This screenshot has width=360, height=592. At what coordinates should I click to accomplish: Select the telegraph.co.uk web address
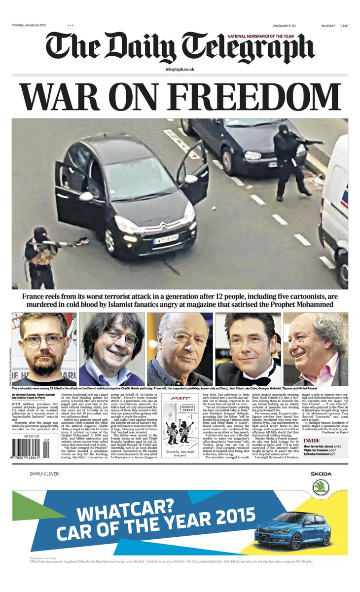point(180,70)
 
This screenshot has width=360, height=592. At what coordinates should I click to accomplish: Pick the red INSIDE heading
point(312,441)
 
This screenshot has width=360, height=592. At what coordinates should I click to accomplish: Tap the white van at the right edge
point(337,207)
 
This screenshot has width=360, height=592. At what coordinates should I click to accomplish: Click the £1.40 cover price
point(343,26)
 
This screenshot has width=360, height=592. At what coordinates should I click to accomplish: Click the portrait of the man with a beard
point(44,349)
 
